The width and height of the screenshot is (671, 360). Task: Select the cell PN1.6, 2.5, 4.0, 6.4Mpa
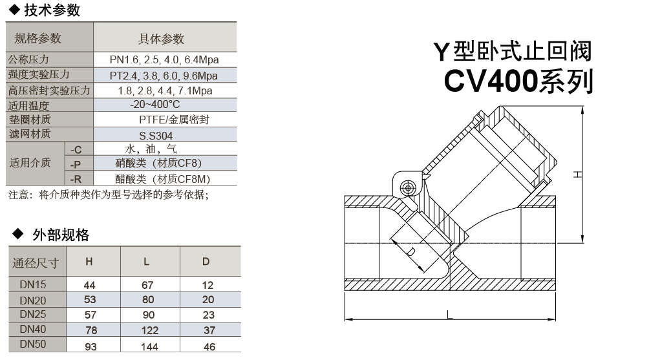164,60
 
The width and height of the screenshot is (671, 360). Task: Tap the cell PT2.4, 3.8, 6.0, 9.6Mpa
164,75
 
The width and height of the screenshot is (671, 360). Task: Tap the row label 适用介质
29,163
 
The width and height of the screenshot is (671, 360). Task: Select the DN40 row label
32,330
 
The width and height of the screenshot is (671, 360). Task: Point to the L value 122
148,331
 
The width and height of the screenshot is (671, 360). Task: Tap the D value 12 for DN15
208,285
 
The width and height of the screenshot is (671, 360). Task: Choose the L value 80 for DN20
148,300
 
